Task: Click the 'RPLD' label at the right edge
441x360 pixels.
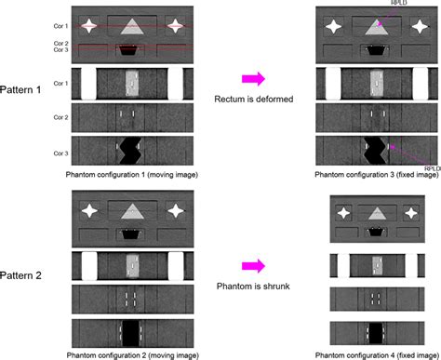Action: pos(430,168)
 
